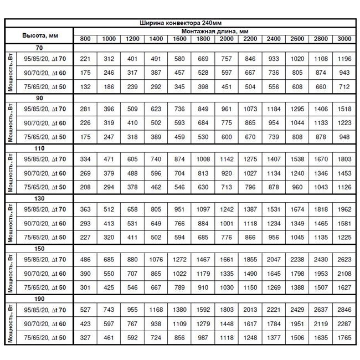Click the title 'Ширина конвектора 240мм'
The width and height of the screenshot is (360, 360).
pyautogui.click(x=181, y=23)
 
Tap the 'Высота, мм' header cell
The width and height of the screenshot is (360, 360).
pyautogui.click(x=39, y=35)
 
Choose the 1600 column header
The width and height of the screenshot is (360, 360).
pyautogui.click(x=179, y=38)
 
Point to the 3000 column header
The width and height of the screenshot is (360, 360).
pyautogui.click(x=344, y=38)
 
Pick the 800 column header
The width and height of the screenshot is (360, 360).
pyautogui.click(x=85, y=38)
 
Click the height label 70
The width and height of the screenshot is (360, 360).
pyautogui.click(x=39, y=48)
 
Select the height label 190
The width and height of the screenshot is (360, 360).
pyautogui.click(x=39, y=298)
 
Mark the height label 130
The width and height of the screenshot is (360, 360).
pyautogui.click(x=39, y=198)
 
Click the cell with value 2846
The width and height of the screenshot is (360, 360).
pyautogui.click(x=344, y=309)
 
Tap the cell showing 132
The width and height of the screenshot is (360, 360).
pyautogui.click(x=85, y=87)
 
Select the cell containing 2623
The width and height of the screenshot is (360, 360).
pyautogui.click(x=344, y=259)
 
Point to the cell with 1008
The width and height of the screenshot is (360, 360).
pyautogui.click(x=203, y=159)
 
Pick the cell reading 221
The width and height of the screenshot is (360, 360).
pyautogui.click(x=85, y=58)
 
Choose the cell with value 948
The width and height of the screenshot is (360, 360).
pyautogui.click(x=344, y=137)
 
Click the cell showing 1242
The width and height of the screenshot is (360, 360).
pyautogui.click(x=227, y=209)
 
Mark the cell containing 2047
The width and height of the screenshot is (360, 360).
pyautogui.click(x=274, y=259)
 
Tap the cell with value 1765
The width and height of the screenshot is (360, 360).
pyautogui.click(x=344, y=337)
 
